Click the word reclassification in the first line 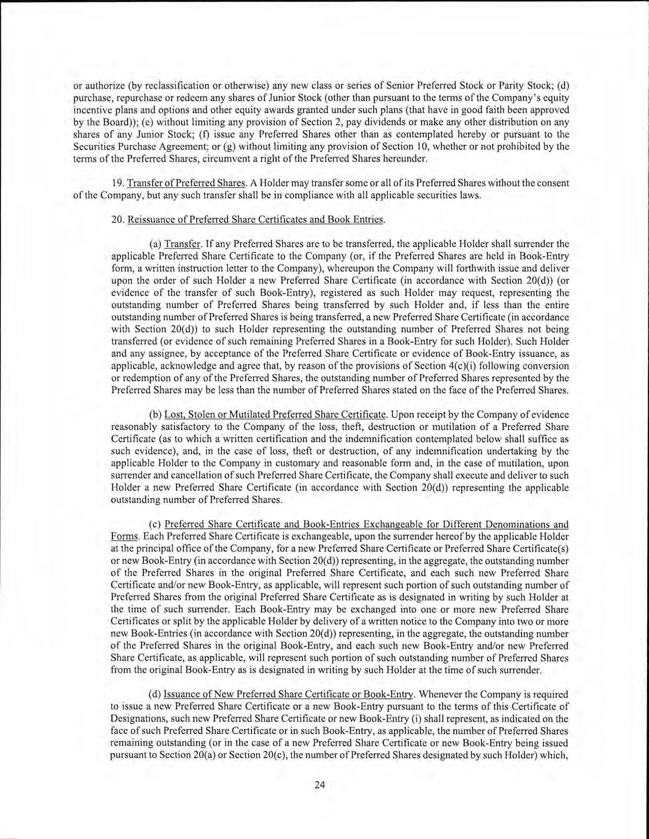point(159,85)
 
